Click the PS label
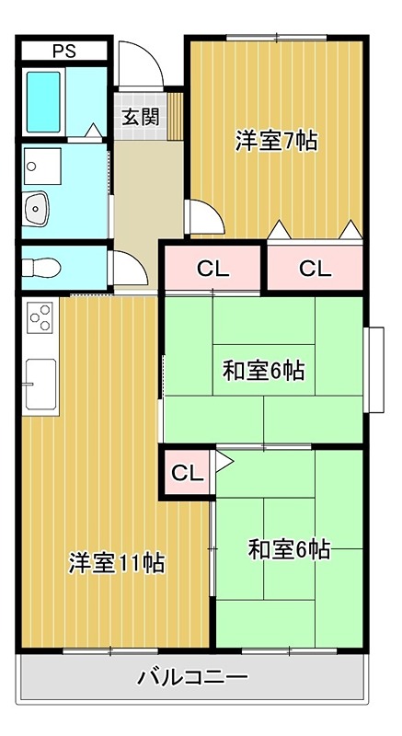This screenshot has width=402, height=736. tap(63, 51)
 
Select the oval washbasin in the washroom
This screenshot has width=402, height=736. tap(37, 209)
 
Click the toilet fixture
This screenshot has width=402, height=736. tap(42, 268)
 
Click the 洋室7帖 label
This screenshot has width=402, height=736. tap(276, 141)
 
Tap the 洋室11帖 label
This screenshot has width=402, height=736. tap(117, 562)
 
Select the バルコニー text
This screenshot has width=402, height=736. tap(193, 679)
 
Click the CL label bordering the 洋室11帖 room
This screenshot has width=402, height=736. tap(187, 474)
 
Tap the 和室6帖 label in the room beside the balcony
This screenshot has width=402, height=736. tap(289, 550)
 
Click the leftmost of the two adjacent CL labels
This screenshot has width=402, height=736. tap(212, 269)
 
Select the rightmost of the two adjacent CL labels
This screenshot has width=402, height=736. tap(314, 269)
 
